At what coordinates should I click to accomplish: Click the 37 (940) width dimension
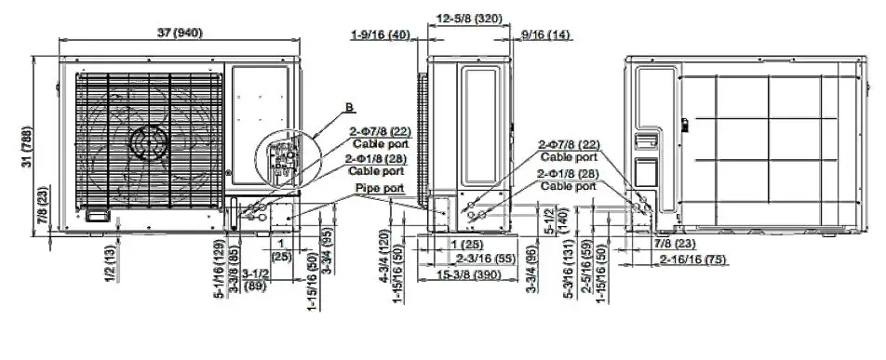(179, 33)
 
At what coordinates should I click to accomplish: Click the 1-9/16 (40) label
(381, 34)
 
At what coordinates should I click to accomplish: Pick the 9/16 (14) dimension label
(544, 34)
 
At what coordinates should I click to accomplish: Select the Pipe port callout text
(379, 188)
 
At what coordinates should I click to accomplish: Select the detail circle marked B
(284, 155)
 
